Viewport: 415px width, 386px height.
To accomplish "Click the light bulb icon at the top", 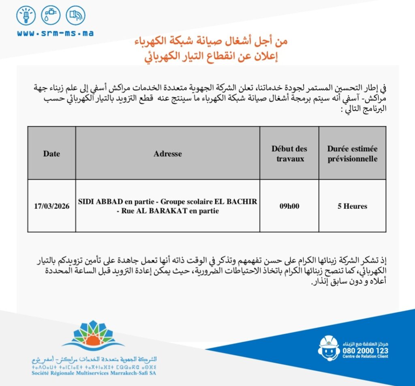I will pos(26,15).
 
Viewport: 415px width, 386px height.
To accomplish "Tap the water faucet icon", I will pos(51,15).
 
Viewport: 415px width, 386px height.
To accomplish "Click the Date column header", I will pos(51,154).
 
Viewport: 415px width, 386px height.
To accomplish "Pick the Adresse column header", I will pos(167,154).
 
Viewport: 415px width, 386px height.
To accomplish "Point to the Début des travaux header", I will pos(289,154).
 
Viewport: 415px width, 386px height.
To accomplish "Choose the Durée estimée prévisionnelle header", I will pos(352,154).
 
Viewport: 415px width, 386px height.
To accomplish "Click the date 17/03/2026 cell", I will pos(51,206).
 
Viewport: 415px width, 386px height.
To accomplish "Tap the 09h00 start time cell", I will pos(289,206).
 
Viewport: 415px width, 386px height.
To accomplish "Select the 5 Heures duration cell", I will pos(352,206).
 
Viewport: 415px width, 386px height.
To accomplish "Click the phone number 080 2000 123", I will pos(365,351).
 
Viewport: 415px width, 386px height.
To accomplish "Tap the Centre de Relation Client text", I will pos(365,357).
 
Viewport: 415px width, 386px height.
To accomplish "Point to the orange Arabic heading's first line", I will pos(211,41).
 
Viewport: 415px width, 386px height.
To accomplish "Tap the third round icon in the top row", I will pos(75,15).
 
